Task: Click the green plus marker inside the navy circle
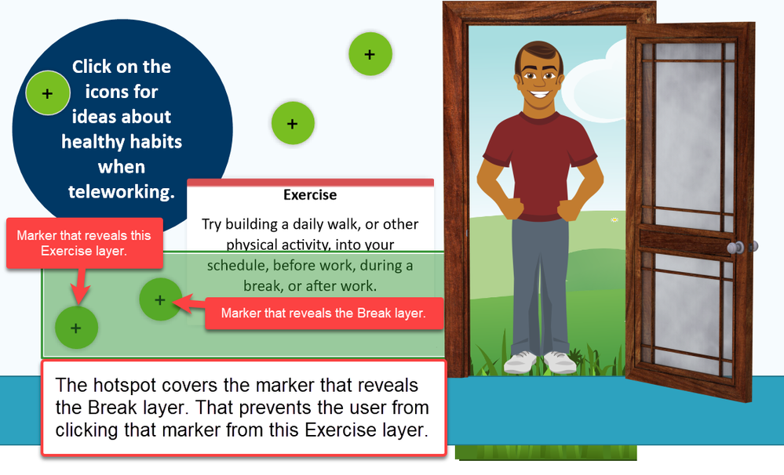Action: [48, 93]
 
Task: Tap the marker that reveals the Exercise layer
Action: [76, 328]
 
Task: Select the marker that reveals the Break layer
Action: [160, 299]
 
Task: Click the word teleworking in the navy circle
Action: [122, 192]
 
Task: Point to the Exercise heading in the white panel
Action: [310, 195]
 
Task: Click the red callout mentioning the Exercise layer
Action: [85, 243]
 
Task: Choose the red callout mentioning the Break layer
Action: [324, 314]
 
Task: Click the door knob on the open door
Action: [735, 247]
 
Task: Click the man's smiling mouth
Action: [539, 94]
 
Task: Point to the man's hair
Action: [539, 54]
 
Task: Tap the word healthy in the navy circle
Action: [91, 142]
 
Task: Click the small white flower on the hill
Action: [614, 219]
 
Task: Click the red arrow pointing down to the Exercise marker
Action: [80, 286]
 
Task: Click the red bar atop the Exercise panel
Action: [311, 183]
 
